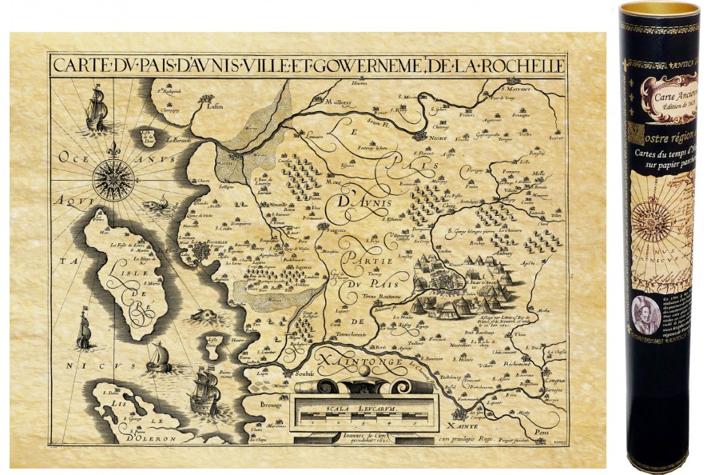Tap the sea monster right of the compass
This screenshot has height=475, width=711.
(x=165, y=206)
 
